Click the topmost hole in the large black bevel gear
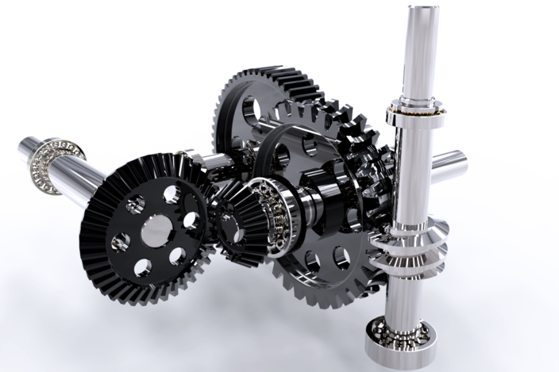(171, 194)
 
